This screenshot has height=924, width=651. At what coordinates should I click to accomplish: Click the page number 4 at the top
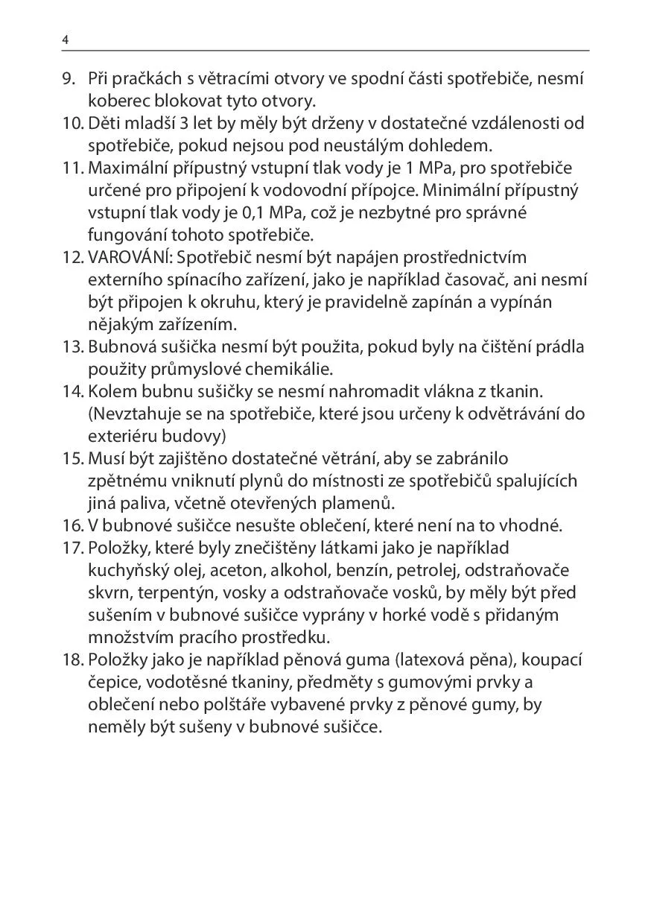66,40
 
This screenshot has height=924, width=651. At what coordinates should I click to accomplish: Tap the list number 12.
73,257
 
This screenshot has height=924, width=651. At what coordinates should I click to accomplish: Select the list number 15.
73,458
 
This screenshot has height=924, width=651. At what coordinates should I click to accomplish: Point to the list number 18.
73,659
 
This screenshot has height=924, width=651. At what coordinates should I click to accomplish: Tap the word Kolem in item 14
109,391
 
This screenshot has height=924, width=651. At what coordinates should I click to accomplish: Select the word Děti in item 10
104,123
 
